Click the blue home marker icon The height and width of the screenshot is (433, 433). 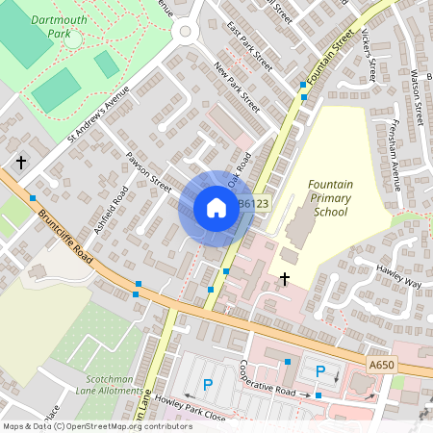tap(216, 208)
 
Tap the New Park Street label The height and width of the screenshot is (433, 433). tap(237, 88)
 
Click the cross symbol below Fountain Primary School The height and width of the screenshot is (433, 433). tap(285, 278)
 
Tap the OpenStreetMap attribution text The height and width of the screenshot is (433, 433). tap(98, 426)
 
